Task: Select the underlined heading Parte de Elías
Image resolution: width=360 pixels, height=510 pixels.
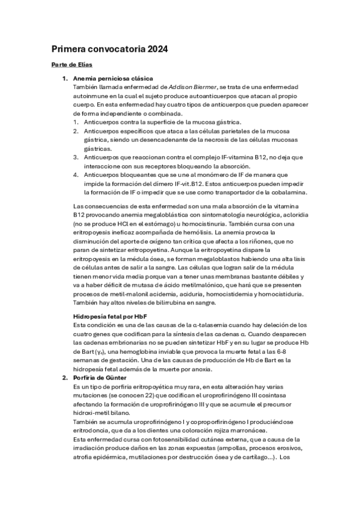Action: (x=72, y=65)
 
